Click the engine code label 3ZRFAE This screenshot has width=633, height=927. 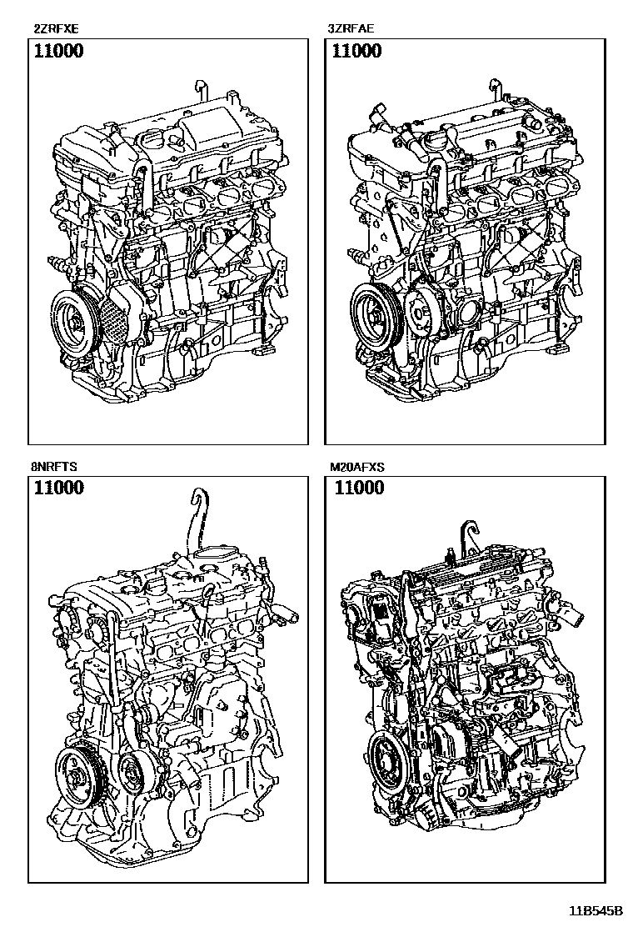pyautogui.click(x=351, y=28)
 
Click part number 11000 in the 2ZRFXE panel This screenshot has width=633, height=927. pyautogui.click(x=58, y=52)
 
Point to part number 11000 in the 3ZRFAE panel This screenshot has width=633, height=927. pyautogui.click(x=356, y=52)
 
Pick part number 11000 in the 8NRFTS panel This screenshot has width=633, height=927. pyautogui.click(x=58, y=489)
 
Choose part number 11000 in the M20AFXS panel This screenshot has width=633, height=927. pyautogui.click(x=359, y=489)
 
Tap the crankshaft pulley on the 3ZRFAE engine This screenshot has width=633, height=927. pyautogui.click(x=372, y=313)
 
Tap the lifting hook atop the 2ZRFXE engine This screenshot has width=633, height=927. pyautogui.click(x=200, y=90)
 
